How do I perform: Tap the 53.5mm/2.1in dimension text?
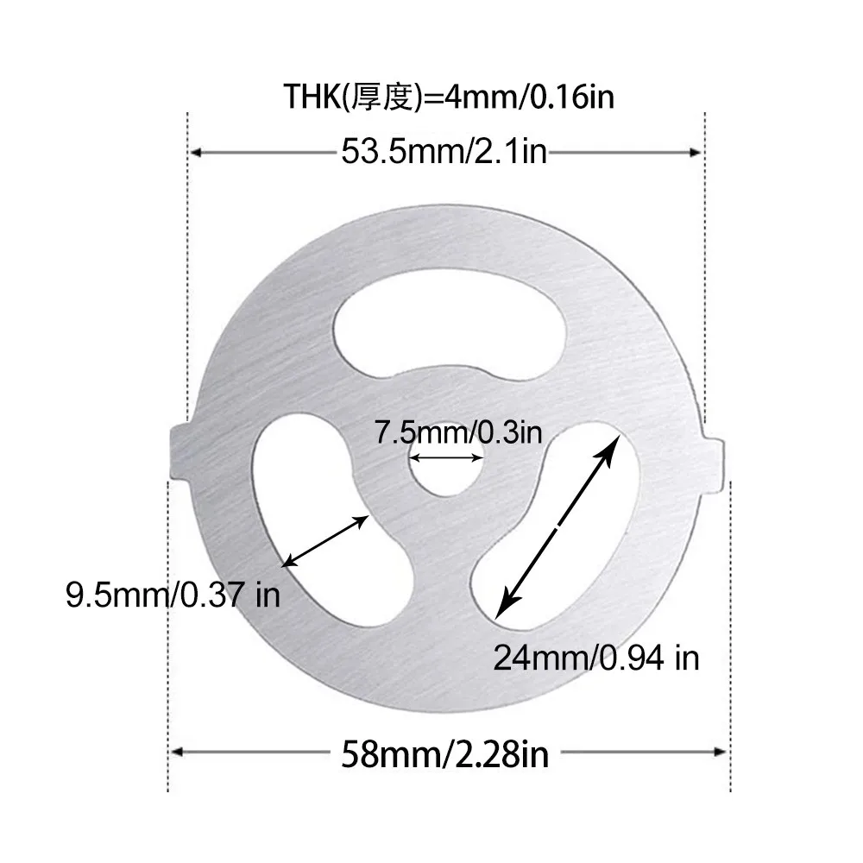(444, 153)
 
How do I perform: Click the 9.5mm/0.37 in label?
(173, 595)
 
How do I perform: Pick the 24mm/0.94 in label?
(595, 658)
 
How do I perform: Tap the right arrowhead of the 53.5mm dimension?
(697, 153)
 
